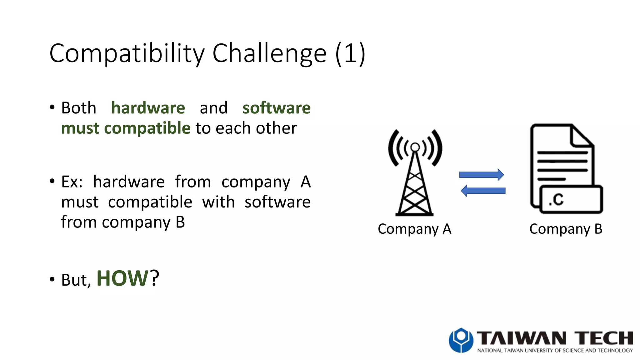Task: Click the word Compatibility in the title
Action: pyautogui.click(x=127, y=54)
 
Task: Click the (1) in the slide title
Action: pyautogui.click(x=350, y=54)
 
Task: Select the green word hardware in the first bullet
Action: pyautogui.click(x=148, y=108)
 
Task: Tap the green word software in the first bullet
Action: pyautogui.click(x=277, y=108)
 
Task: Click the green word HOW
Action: pyautogui.click(x=122, y=278)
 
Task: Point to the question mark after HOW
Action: pyautogui.click(x=154, y=278)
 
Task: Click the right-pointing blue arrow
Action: pyautogui.click(x=481, y=175)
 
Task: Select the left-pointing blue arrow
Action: pyautogui.click(x=483, y=191)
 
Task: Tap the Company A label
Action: pyautogui.click(x=414, y=229)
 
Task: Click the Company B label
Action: pyautogui.click(x=566, y=229)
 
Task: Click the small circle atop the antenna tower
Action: pyautogui.click(x=415, y=147)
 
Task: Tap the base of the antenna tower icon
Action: pyautogui.click(x=414, y=214)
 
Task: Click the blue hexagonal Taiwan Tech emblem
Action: pyautogui.click(x=461, y=340)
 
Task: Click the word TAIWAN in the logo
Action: pyautogui.click(x=521, y=338)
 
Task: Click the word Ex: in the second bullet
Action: pyautogui.click(x=72, y=182)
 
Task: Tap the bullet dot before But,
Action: pyautogui.click(x=52, y=279)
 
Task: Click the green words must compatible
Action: pyautogui.click(x=126, y=128)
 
